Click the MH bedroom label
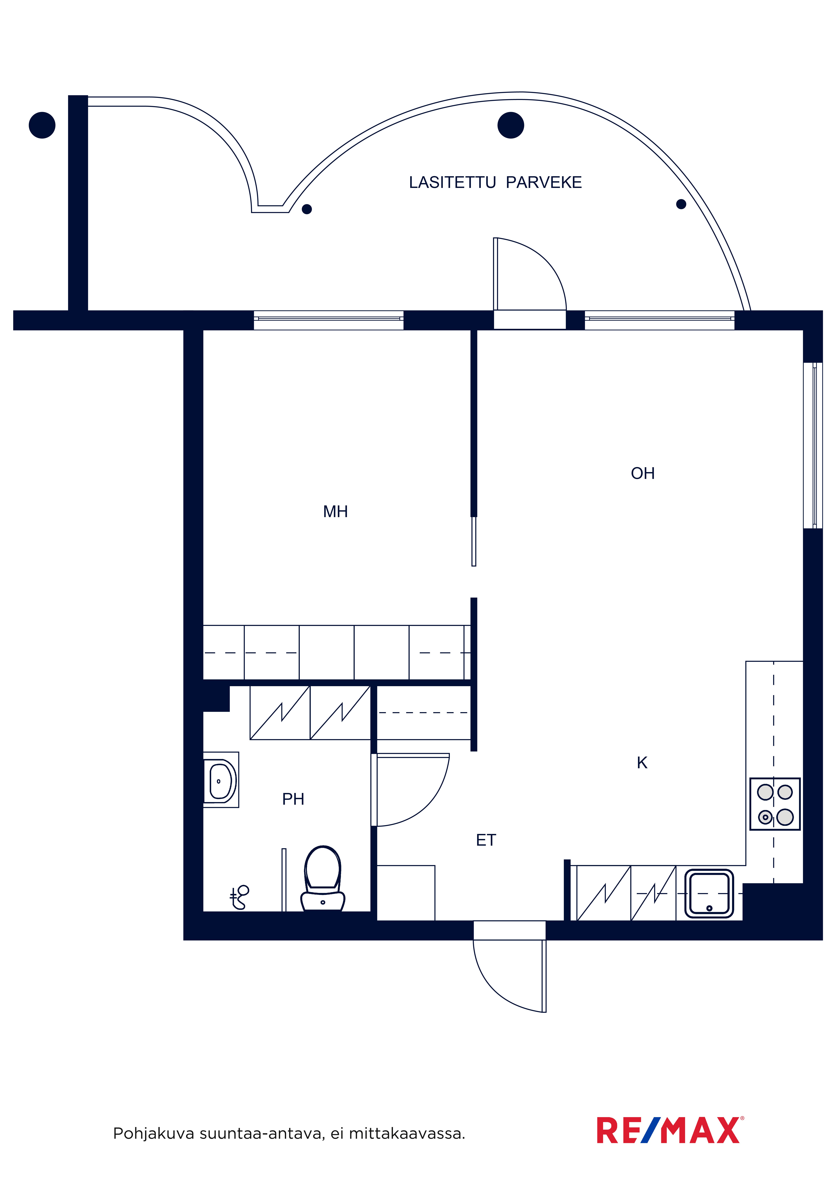335,512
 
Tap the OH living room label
643,473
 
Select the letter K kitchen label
642,763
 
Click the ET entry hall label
486,840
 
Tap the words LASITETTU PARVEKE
495,183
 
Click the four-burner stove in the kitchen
775,804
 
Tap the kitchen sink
709,894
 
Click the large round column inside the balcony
511,125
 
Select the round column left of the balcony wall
42,125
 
